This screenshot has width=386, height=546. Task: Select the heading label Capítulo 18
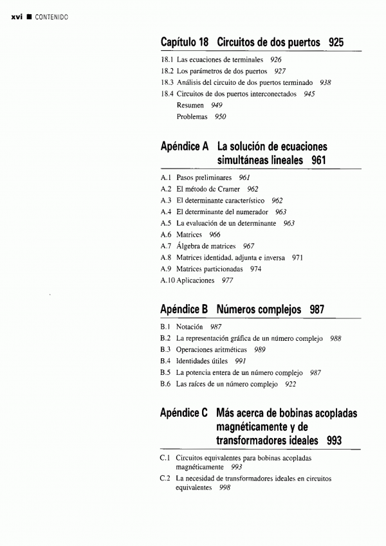[185, 42]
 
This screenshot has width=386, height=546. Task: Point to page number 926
[276, 59]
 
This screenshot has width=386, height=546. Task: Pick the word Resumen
[190, 105]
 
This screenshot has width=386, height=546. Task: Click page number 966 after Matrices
[214, 235]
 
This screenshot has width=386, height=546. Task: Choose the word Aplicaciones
[195, 281]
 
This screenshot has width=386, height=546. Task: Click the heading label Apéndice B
[183, 309]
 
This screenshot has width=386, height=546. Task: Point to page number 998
[225, 487]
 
